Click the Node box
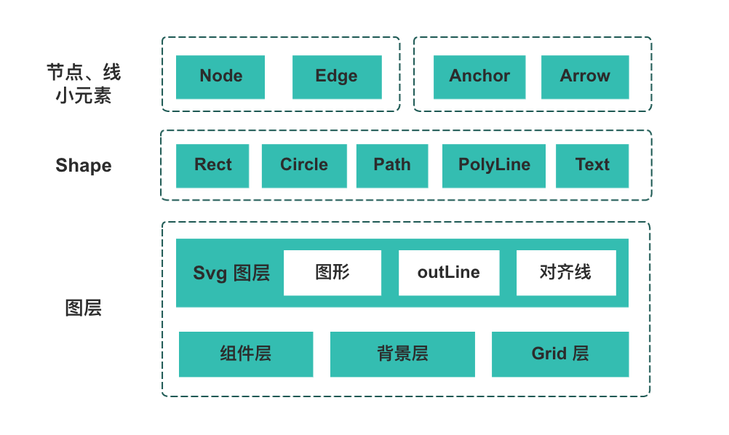[220, 77]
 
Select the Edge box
[336, 77]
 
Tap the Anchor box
[479, 77]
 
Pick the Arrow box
[585, 77]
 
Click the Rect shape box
[212, 166]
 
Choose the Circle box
[303, 166]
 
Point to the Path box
[392, 166]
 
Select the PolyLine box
[494, 166]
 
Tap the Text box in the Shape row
[592, 166]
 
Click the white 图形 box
[332, 273]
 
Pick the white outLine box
[449, 273]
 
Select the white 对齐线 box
[566, 273]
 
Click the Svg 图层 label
[231, 274]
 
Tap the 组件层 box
[246, 354]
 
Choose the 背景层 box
[402, 354]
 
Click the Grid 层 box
[560, 354]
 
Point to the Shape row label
[84, 166]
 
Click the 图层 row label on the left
[84, 308]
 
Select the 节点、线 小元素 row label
[84, 84]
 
